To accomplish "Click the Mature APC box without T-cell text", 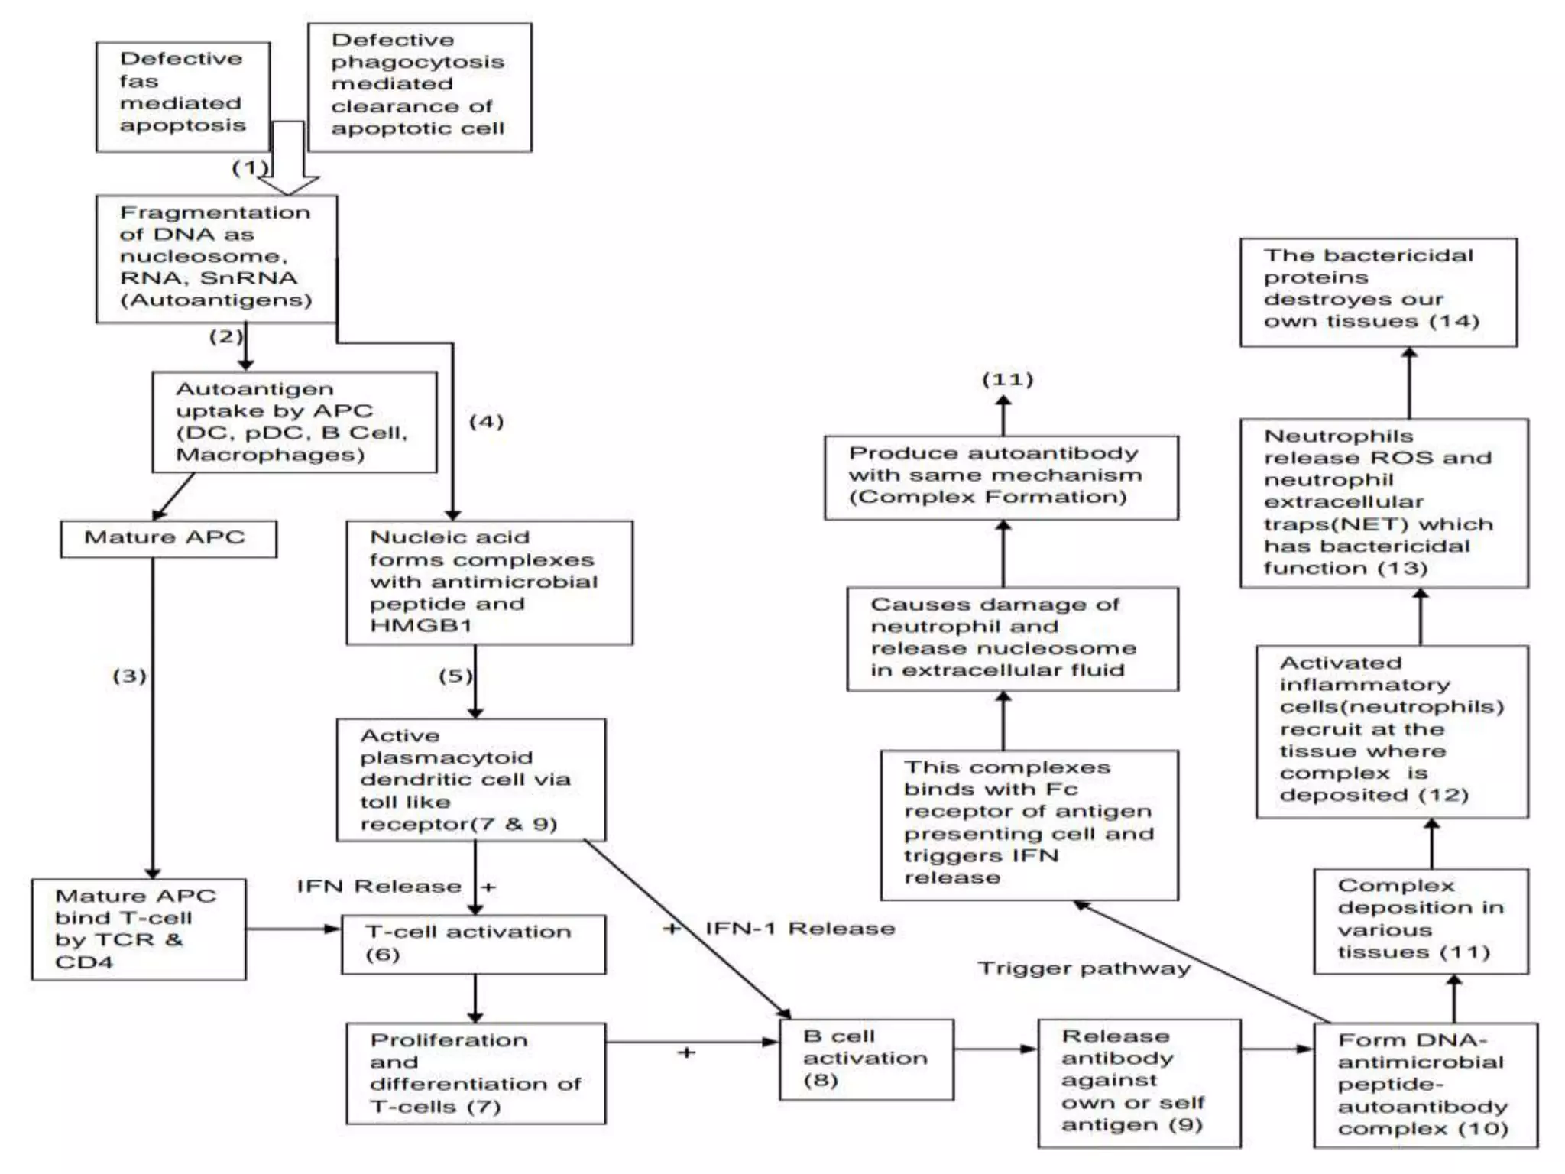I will coord(168,539).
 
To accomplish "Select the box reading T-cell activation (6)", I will coord(473,944).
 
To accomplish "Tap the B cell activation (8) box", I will coord(867,1059).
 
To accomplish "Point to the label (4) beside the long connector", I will coord(486,421).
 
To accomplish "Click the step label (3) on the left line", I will coord(129,676).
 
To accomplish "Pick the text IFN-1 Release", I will coord(800,929).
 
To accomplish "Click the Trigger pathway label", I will coord(1084,968).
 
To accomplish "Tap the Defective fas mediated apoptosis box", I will coord(183,96).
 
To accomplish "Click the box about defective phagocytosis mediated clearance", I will coord(420,86).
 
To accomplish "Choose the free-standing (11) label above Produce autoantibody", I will coord(1007,380).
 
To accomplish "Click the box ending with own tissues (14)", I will coord(1378,292).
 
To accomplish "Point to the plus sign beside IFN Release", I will coord(489,887).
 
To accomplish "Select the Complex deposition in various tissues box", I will coord(1421,920).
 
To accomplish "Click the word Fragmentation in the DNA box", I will coord(215,212).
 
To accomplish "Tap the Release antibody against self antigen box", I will coord(1139,1082).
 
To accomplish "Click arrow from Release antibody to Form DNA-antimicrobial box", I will coord(1277,1049).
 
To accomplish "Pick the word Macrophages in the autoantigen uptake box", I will coord(270,456).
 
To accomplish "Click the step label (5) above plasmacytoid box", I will coord(455,676).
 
